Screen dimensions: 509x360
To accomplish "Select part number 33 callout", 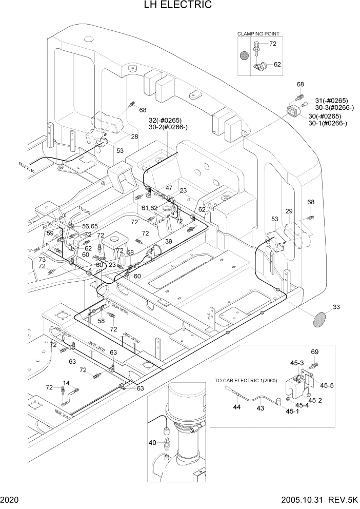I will [336, 307].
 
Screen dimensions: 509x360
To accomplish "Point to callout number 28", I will [134, 136].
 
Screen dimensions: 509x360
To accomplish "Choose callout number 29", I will [289, 211].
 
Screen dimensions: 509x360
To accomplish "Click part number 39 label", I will [169, 241].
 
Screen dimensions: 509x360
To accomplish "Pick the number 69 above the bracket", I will [314, 352].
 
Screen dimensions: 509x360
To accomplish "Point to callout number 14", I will [66, 382].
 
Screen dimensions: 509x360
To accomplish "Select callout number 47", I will [169, 188].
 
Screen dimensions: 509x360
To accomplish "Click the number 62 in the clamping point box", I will [277, 65].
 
